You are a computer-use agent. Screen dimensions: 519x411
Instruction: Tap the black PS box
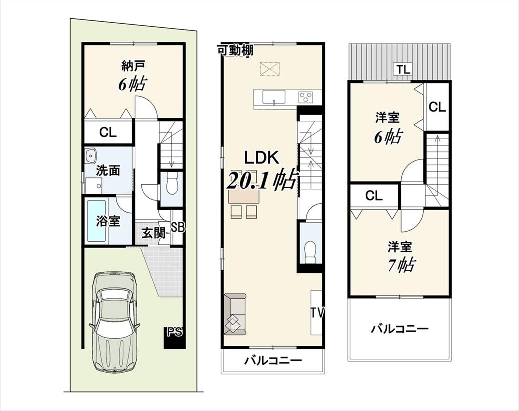(174, 337)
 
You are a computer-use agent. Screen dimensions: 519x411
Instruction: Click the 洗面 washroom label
(108, 171)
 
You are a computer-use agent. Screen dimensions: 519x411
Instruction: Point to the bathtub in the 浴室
(96, 221)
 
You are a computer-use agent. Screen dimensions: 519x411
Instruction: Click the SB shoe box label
(178, 227)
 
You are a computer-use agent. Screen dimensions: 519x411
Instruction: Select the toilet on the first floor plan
(172, 186)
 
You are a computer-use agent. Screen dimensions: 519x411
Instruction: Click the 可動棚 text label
(235, 50)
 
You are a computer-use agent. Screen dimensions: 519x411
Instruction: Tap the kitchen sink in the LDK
(274, 97)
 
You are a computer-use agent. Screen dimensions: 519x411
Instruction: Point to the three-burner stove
(306, 97)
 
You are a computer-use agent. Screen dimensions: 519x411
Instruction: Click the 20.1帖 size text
(261, 180)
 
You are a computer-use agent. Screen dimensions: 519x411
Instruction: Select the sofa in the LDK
(235, 315)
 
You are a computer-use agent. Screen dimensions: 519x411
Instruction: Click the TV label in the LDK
(317, 313)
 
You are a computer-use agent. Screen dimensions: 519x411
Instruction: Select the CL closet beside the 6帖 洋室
(437, 107)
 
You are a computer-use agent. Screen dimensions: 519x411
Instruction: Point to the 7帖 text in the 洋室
(402, 265)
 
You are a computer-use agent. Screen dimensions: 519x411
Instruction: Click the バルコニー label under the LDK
(273, 360)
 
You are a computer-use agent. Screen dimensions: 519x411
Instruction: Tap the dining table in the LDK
(244, 197)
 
